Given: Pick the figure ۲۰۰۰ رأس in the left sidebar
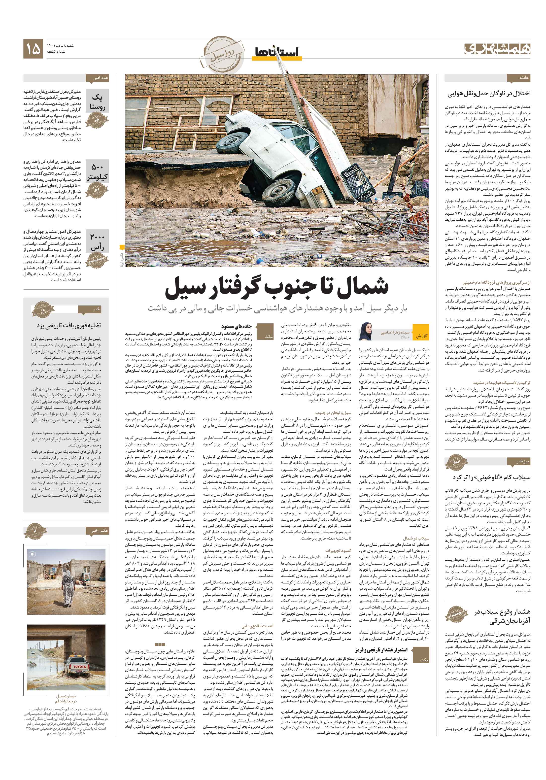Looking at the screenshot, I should point(97,242).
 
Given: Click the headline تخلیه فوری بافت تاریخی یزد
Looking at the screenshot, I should point(69,325).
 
